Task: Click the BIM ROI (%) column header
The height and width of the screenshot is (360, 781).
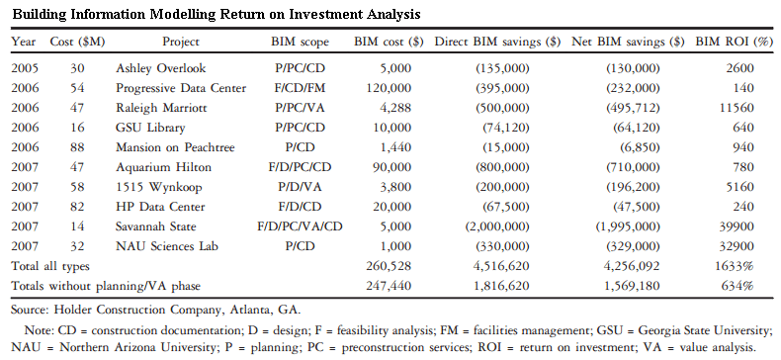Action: click(733, 43)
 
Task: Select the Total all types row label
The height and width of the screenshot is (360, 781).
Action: click(51, 265)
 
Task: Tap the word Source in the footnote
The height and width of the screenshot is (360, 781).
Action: click(31, 310)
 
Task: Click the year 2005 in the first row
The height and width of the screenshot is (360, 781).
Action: click(25, 68)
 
